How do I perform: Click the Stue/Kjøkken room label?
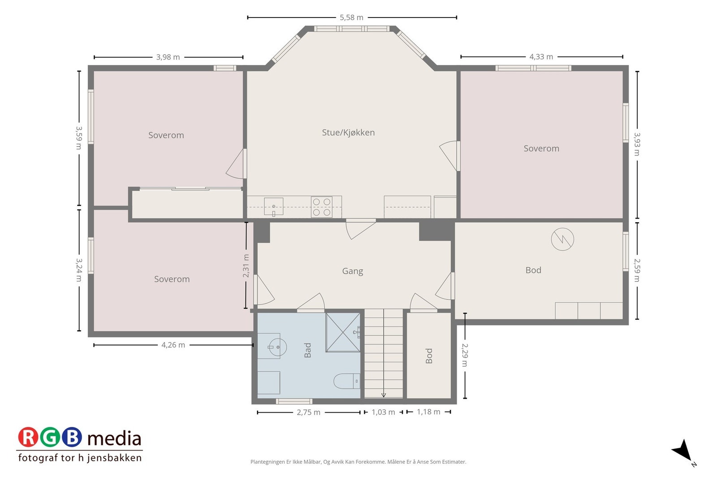[x=348, y=133]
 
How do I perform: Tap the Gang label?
[x=352, y=271]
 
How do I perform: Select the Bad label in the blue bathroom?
[x=307, y=350]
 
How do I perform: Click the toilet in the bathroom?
[x=347, y=381]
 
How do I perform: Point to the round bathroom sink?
[x=277, y=347]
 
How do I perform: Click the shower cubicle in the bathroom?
[x=343, y=332]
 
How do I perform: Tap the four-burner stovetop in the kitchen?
[x=321, y=207]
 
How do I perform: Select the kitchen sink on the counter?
[x=273, y=207]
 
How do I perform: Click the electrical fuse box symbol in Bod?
[x=562, y=239]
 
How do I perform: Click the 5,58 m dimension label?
[x=351, y=17]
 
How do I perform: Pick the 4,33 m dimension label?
[x=541, y=57]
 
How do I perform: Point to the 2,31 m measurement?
[x=246, y=266]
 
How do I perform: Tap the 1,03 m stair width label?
[x=383, y=412]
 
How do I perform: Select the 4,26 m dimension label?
[x=173, y=345]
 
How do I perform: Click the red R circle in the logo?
[x=28, y=437]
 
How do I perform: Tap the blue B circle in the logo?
[x=72, y=437]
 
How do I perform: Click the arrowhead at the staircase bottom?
[x=384, y=395]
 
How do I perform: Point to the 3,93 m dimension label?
[x=637, y=144]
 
